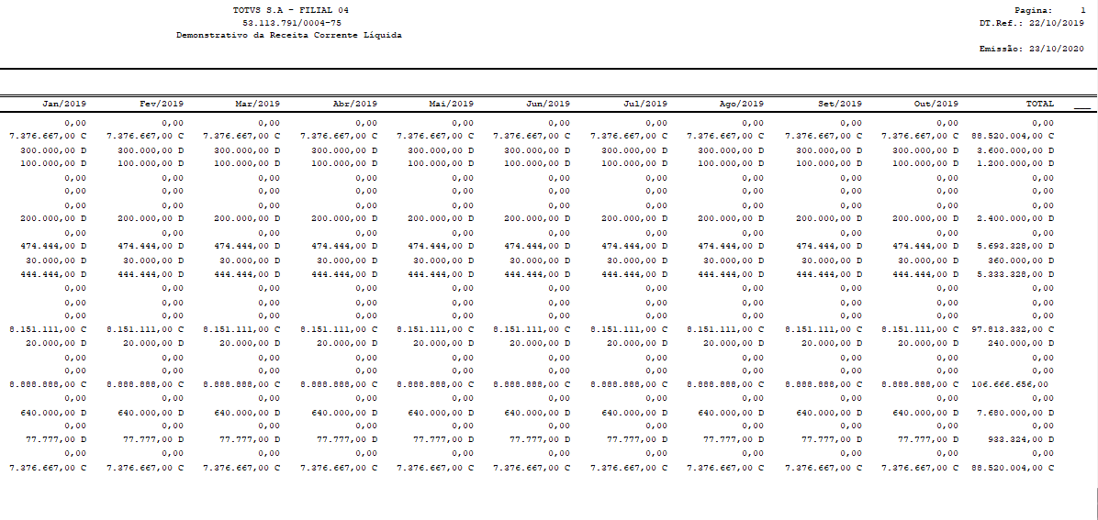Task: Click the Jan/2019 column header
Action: coord(63,105)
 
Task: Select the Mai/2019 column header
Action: coord(451,105)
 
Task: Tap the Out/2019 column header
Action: coord(936,105)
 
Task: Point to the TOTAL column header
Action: coord(1039,105)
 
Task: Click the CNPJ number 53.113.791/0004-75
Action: coord(291,22)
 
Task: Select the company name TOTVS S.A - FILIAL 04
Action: coord(291,10)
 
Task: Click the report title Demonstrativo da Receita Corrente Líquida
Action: coord(289,35)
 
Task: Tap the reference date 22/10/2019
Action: coord(1059,22)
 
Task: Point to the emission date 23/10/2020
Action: coord(1059,48)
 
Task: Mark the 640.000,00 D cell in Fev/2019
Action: coord(150,412)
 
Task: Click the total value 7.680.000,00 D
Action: coord(1014,412)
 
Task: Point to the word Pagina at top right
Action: coord(1033,10)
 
